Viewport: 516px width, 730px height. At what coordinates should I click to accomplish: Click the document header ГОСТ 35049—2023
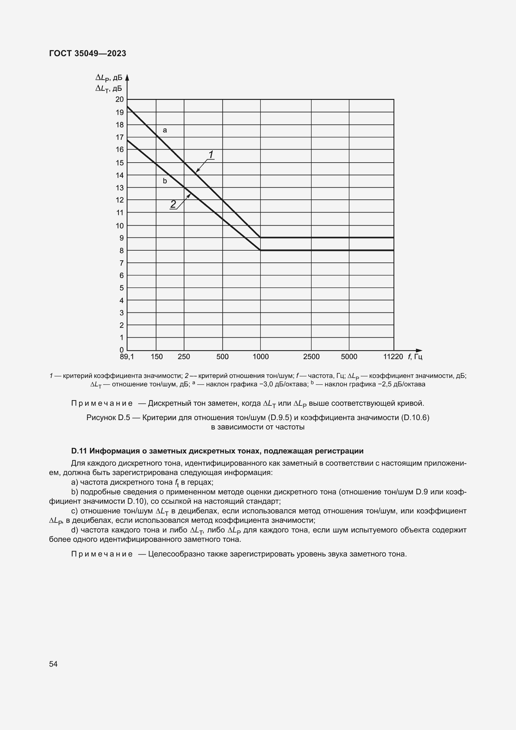point(87,53)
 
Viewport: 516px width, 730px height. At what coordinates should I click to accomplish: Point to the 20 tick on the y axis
point(119,100)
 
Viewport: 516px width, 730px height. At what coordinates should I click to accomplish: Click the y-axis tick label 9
point(121,238)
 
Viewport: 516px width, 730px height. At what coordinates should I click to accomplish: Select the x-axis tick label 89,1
point(127,357)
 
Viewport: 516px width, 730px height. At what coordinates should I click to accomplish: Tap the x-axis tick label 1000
point(260,357)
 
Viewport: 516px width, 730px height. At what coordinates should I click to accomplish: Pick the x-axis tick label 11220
point(393,357)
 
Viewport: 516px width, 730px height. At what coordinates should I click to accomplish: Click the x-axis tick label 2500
point(311,357)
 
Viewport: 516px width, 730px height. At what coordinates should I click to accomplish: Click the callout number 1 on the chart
point(211,155)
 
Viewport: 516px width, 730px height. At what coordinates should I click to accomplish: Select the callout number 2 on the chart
point(173,204)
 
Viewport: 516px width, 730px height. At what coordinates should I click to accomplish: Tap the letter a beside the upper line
point(165,130)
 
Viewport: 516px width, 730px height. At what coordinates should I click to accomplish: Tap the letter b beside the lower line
point(165,181)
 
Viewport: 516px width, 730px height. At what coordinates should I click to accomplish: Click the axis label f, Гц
point(415,357)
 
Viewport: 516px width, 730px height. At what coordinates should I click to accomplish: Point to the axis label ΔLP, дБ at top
point(109,78)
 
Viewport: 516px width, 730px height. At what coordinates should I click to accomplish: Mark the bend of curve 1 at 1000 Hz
point(260,238)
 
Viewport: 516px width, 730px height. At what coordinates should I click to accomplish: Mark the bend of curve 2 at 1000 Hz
point(260,250)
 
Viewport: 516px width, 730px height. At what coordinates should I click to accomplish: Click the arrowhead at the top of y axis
point(127,77)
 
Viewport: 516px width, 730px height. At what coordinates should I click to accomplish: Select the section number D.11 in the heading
point(79,451)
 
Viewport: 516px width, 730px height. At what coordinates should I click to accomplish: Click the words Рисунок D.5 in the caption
point(108,418)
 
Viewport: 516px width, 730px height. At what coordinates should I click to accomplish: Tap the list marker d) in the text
point(75,530)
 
